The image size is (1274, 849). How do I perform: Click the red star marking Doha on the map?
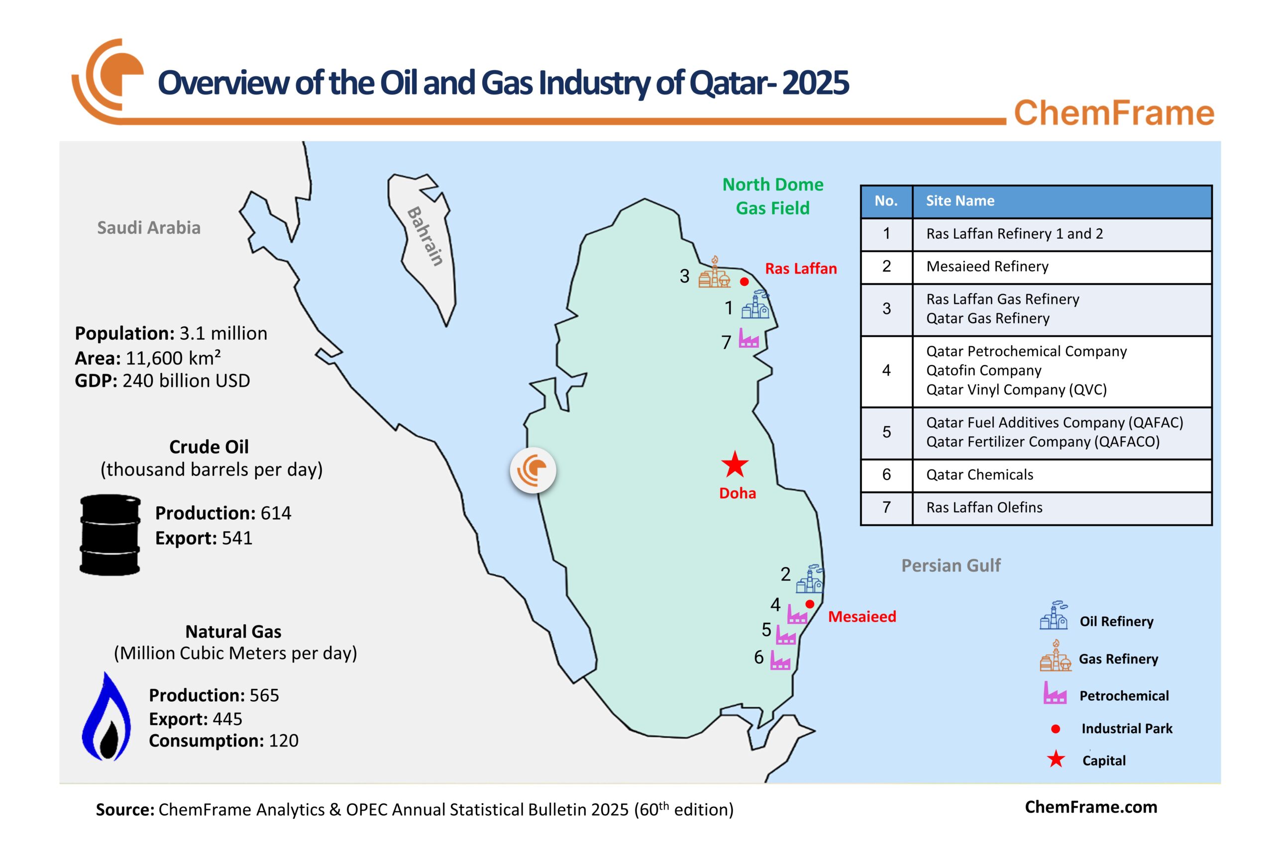(x=735, y=465)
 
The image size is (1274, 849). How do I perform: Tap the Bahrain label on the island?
(x=426, y=236)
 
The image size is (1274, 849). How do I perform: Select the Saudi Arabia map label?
(x=148, y=227)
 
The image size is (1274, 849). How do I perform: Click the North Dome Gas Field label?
(x=772, y=196)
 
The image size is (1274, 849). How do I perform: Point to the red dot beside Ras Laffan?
(x=744, y=282)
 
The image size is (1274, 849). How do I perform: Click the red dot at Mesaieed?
(x=810, y=604)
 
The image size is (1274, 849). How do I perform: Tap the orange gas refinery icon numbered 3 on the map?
(x=714, y=273)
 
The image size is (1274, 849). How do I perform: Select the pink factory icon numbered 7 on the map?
(x=748, y=338)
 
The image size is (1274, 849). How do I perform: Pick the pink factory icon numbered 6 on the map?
(x=780, y=660)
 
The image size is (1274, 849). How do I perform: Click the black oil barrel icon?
(x=110, y=534)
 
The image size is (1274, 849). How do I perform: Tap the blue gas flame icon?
(x=106, y=717)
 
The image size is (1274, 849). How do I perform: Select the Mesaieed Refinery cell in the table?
(x=987, y=267)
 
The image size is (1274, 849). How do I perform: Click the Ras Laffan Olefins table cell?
(x=984, y=507)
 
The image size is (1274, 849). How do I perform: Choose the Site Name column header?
(x=960, y=201)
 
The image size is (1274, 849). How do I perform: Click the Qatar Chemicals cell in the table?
(x=979, y=475)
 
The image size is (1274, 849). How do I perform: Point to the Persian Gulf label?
(x=951, y=566)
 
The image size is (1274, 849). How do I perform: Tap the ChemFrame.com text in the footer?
(x=1091, y=807)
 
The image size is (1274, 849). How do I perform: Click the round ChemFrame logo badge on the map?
(x=533, y=470)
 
